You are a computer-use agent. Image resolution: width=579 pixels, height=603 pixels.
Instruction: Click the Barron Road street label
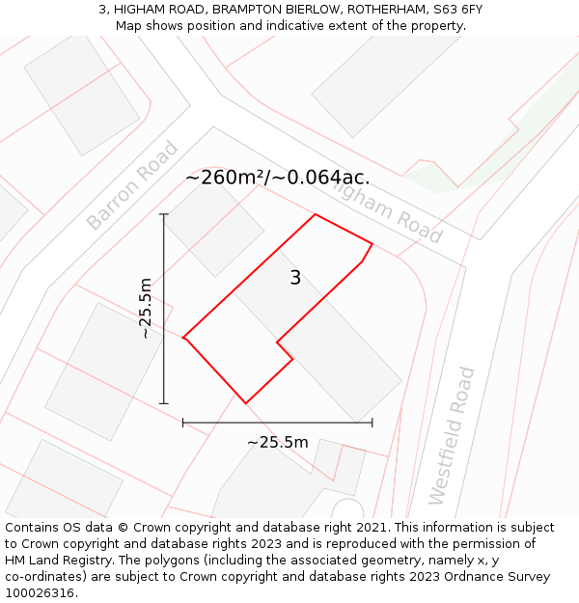coord(132,185)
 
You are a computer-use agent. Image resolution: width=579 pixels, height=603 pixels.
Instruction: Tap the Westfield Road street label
coord(452,435)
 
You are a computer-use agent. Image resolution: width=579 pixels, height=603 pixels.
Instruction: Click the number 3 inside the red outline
coord(295,278)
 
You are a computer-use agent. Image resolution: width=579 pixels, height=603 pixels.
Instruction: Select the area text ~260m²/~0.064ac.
coord(277,178)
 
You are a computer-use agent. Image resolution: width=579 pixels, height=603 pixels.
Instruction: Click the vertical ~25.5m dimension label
coord(145,309)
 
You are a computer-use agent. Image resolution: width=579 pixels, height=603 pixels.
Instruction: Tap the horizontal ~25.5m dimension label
coord(277,443)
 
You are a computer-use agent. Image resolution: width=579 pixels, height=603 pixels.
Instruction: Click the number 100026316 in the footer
coord(38,593)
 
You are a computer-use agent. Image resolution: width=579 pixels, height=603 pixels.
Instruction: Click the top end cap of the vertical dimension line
coord(164,214)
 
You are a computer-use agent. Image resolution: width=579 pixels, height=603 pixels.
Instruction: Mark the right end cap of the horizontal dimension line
coord(372,422)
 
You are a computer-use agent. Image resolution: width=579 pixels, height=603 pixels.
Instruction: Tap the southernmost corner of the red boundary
coord(246,403)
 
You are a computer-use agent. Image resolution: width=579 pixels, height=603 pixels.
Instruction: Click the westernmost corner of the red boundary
coord(183,338)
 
